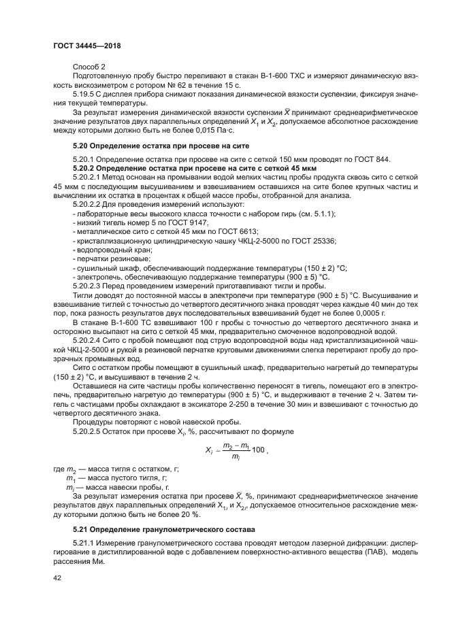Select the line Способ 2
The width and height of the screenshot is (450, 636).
tap(89, 67)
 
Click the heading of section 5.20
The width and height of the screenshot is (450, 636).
tap(161, 146)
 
